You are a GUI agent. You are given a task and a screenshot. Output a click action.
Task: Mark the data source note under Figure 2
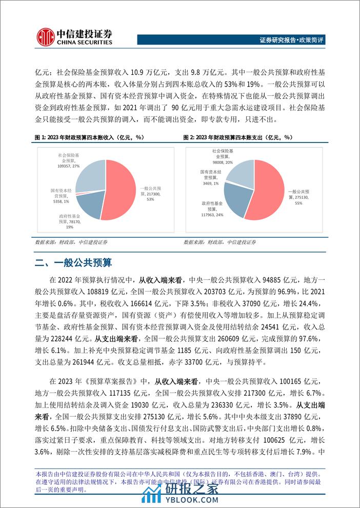click(219, 242)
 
